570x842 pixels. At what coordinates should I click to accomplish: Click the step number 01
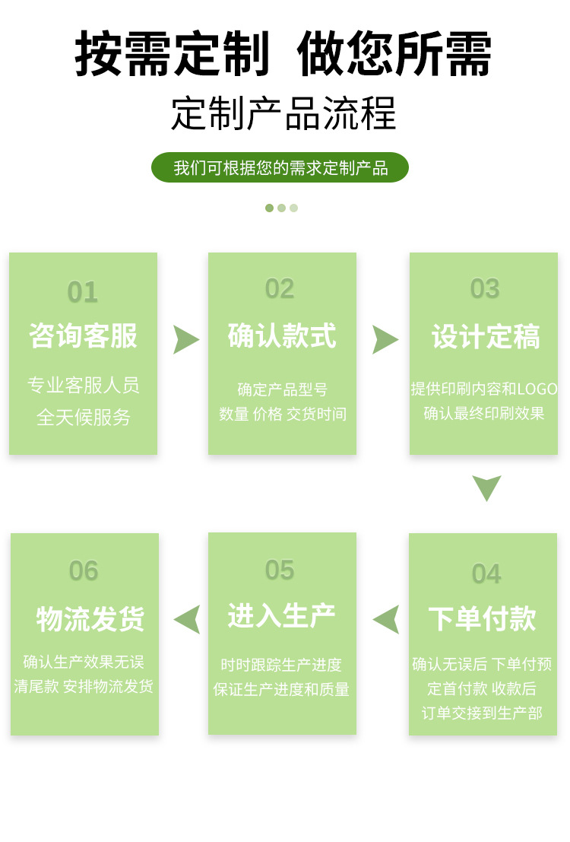[x=83, y=292]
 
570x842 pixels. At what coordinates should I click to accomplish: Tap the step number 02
[x=280, y=289]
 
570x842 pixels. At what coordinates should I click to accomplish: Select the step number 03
[x=485, y=289]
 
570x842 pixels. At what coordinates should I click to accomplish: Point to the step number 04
[x=486, y=574]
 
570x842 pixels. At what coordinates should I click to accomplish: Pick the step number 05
[x=280, y=570]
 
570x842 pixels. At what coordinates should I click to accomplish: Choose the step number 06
[x=84, y=570]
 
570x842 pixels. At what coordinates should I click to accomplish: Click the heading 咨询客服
[x=84, y=335]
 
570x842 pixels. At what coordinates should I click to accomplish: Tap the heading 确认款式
[x=282, y=335]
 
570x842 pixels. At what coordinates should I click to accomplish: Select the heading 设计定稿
[x=485, y=336]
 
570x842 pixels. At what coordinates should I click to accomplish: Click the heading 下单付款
[x=483, y=618]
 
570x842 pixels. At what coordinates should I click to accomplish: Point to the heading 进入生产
[x=281, y=615]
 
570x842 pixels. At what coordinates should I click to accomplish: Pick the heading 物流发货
[x=90, y=619]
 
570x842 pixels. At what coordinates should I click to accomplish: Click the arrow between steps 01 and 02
[x=185, y=339]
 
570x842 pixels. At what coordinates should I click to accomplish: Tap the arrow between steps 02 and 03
[x=385, y=339]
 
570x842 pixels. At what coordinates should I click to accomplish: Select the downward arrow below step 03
[x=486, y=487]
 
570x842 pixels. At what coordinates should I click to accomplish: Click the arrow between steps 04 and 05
[x=387, y=619]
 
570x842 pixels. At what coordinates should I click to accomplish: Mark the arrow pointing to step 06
[x=188, y=619]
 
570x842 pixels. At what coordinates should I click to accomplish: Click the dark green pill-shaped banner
[x=280, y=167]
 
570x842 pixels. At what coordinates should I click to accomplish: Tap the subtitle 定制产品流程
[x=283, y=114]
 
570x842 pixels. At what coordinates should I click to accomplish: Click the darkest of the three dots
[x=269, y=208]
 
